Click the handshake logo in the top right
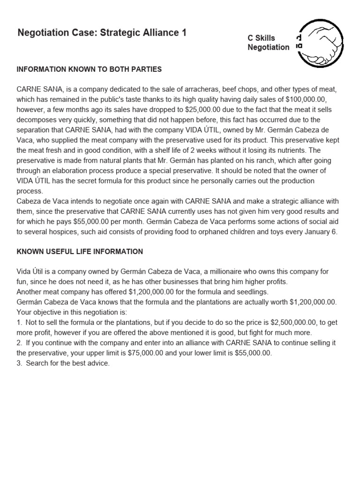(323, 43)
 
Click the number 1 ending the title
(184, 33)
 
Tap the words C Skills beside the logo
(262, 38)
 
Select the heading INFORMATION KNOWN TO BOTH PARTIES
(89, 69)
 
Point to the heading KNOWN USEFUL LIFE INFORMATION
(80, 252)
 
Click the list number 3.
(19, 363)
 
